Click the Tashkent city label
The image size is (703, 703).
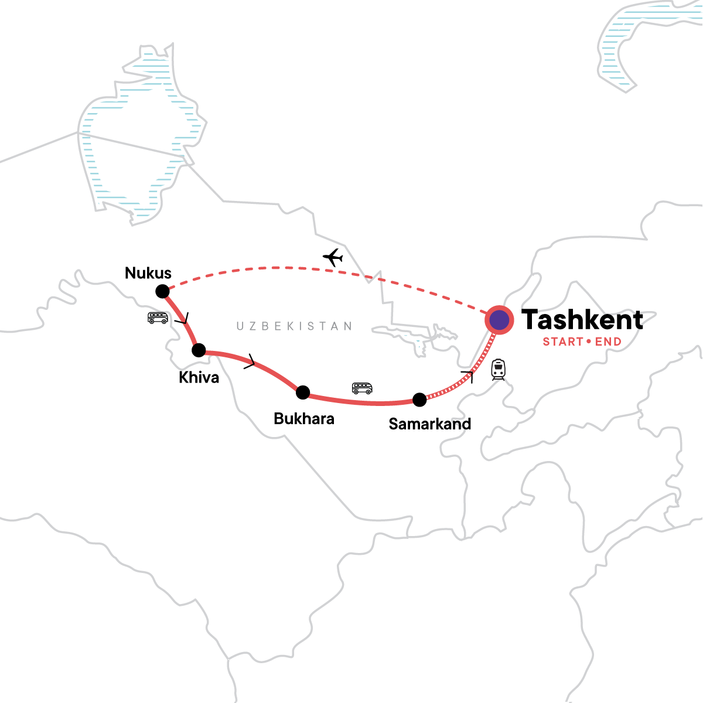(582, 320)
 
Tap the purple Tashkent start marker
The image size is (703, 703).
(499, 320)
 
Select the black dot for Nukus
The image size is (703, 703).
(162, 291)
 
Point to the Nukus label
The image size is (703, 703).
(148, 273)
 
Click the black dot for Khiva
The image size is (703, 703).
(199, 350)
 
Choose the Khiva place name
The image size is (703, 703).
(199, 377)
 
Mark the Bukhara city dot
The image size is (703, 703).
(303, 393)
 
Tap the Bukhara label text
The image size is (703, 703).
(304, 419)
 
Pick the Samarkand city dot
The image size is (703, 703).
(419, 400)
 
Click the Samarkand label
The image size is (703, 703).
(430, 424)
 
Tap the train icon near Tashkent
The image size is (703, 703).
(498, 370)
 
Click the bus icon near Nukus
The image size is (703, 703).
(158, 318)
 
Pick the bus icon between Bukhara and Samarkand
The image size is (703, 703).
(362, 388)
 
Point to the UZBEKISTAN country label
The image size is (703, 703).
(294, 326)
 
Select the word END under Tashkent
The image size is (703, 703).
(608, 342)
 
